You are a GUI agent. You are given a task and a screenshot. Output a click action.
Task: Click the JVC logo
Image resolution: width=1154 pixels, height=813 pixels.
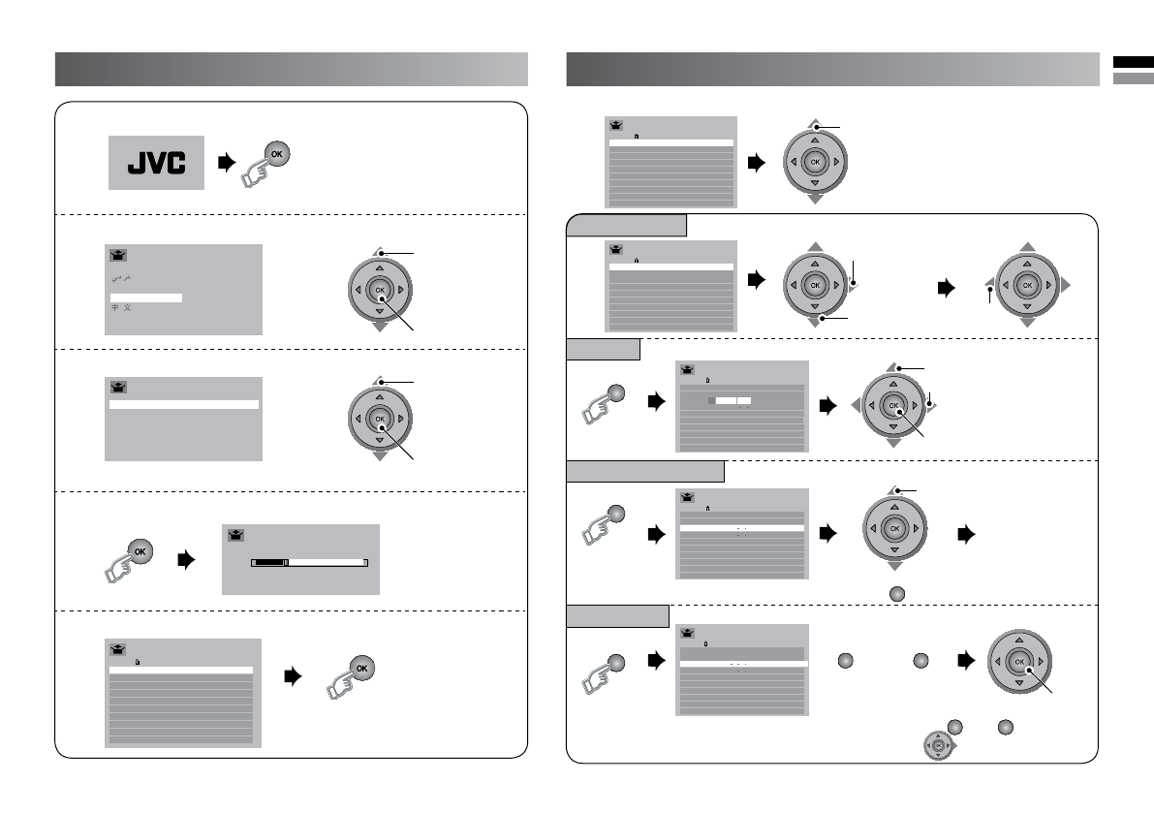pyautogui.click(x=156, y=162)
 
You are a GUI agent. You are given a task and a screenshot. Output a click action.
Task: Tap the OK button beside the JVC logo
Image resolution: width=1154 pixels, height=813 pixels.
pyautogui.click(x=275, y=156)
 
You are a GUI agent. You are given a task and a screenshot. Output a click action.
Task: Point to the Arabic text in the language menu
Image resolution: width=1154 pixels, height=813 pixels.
pyautogui.click(x=120, y=278)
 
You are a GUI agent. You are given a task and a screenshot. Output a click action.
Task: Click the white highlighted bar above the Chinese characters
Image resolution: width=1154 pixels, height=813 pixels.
pyautogui.click(x=145, y=297)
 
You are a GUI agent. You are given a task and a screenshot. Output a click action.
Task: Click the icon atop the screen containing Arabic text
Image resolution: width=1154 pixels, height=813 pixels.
pyautogui.click(x=119, y=256)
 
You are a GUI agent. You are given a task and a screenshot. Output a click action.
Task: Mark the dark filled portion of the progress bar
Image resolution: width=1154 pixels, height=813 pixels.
pyautogui.click(x=270, y=561)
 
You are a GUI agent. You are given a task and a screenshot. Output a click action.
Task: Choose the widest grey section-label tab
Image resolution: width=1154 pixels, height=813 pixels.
pyautogui.click(x=645, y=471)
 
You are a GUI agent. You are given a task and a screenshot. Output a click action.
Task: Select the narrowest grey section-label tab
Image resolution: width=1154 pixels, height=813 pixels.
pyautogui.click(x=603, y=349)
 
